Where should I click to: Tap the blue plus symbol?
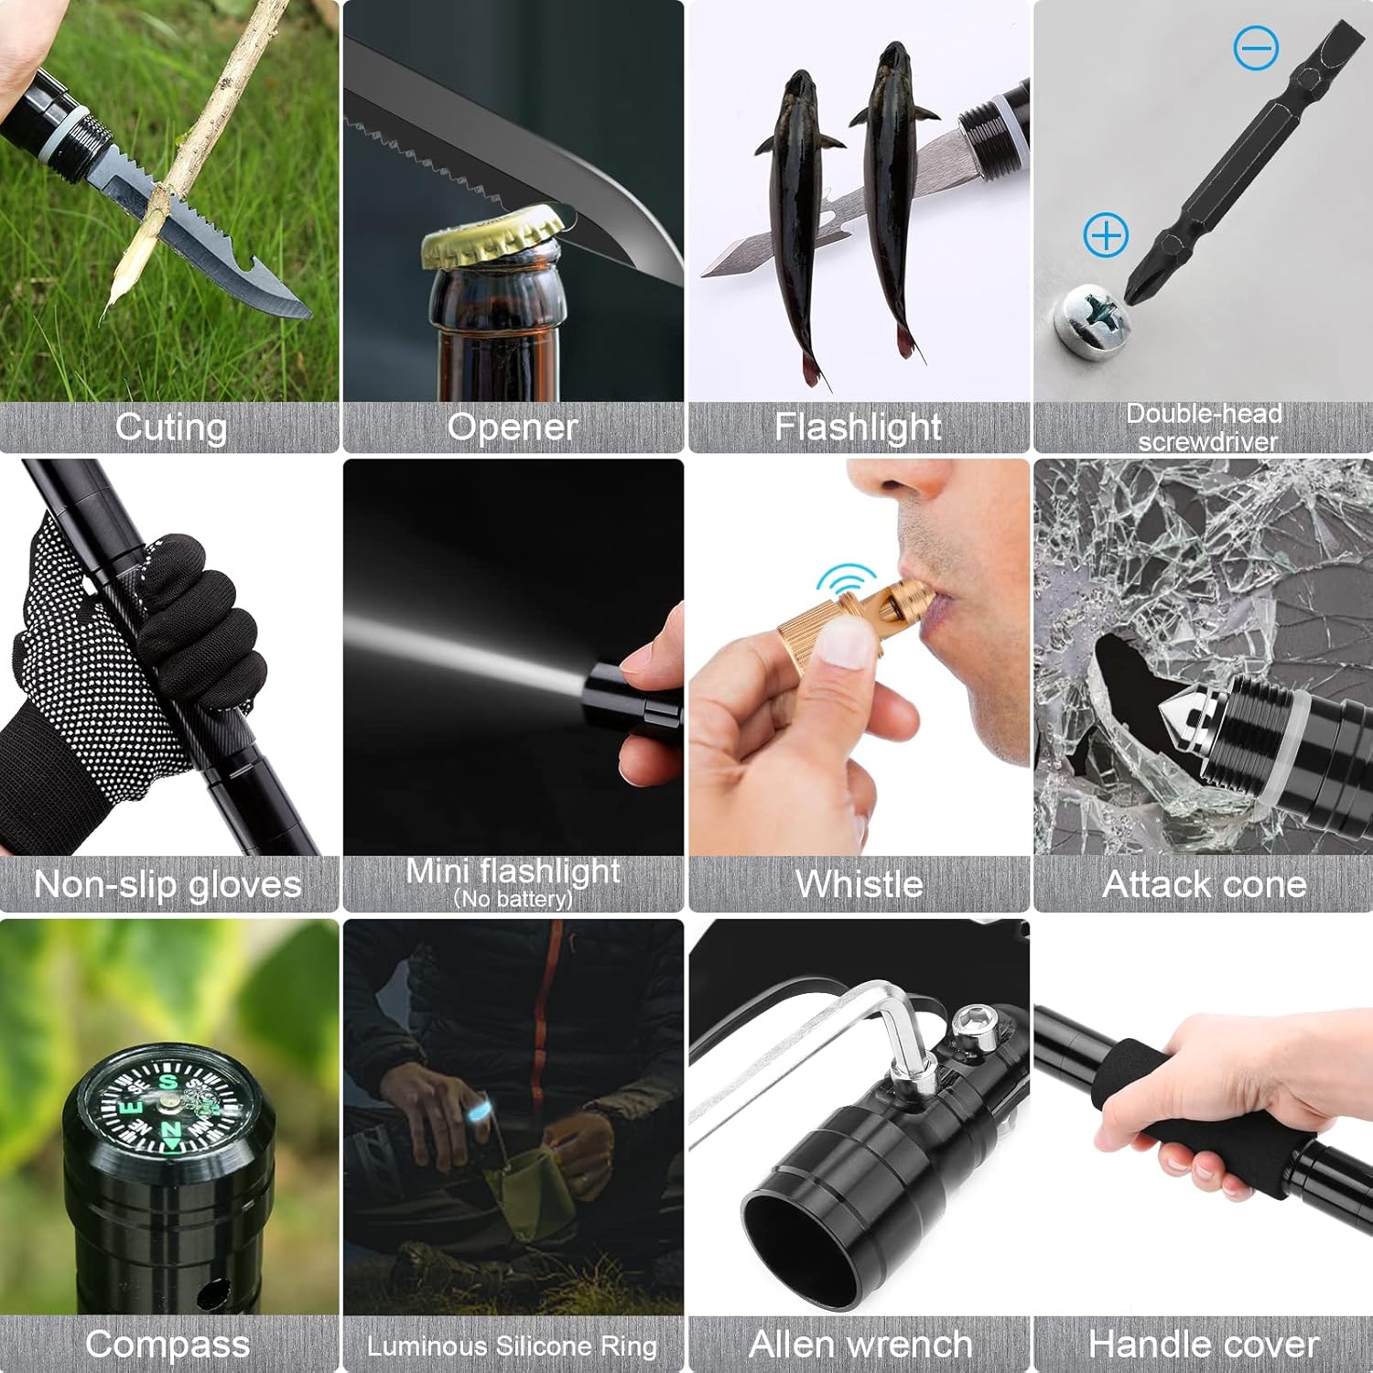pyautogui.click(x=1106, y=235)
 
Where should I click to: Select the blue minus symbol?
pyautogui.click(x=1256, y=47)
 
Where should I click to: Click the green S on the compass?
pyautogui.click(x=168, y=1083)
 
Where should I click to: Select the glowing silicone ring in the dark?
pyautogui.click(x=478, y=1114)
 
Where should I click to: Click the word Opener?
pyautogui.click(x=513, y=427)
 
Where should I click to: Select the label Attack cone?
pyautogui.click(x=1205, y=884)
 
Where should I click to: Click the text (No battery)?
pyautogui.click(x=514, y=899)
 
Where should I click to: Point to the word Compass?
pyautogui.click(x=168, y=1345)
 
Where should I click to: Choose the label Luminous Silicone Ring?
pyautogui.click(x=513, y=1346)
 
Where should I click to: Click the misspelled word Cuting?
pyautogui.click(x=171, y=427)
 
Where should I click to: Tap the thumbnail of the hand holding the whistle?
pyautogui.click(x=859, y=657)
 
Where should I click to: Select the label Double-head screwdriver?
pyautogui.click(x=1205, y=427)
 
